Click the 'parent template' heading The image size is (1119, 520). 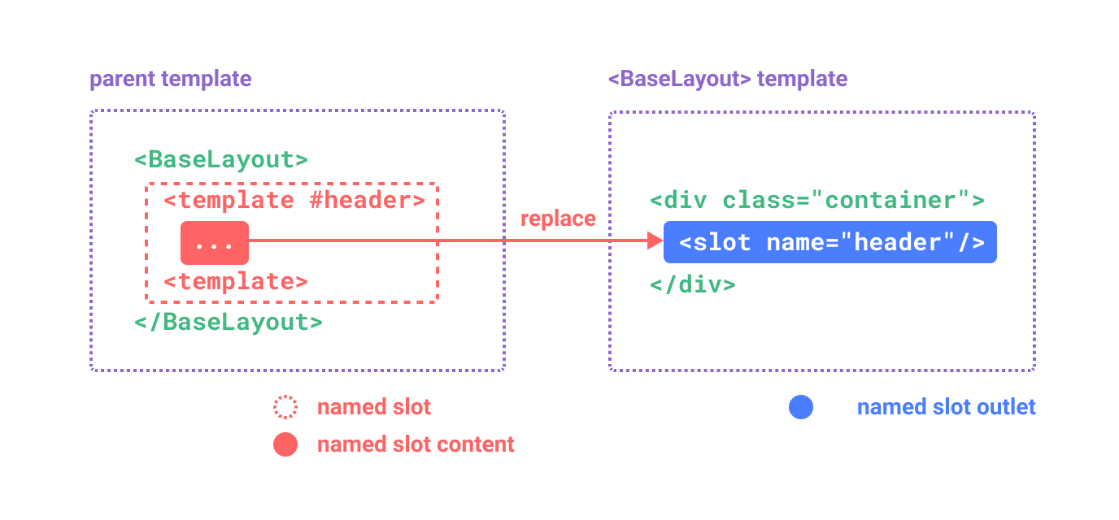170,79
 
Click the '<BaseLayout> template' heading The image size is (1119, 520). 727,79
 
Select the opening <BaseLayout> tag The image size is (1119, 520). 221,159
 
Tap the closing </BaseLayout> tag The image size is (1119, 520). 229,322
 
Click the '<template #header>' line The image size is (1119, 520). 294,200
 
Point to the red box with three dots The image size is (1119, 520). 215,242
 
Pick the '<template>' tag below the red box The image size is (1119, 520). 236,282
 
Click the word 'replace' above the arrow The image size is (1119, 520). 558,219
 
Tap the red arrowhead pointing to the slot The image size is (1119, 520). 655,240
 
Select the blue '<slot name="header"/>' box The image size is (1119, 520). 830,242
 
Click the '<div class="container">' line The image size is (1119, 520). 817,200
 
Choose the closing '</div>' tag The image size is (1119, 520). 693,284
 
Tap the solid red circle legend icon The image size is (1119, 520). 285,444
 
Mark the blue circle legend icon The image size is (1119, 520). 800,407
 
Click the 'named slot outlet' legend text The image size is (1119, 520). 946,407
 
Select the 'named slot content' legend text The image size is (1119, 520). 416,444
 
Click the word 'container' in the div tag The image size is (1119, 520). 889,200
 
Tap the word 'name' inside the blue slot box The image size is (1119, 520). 795,242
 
